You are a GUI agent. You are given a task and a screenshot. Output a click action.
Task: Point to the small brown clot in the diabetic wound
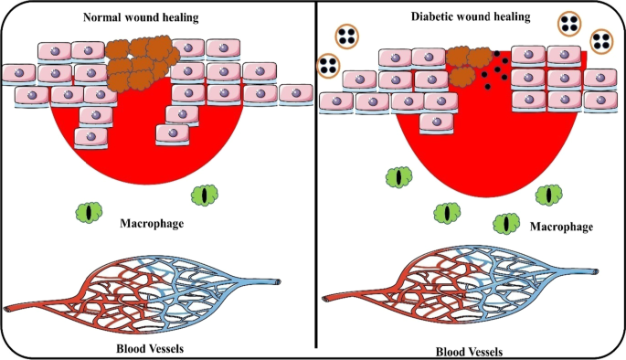[x=468, y=60]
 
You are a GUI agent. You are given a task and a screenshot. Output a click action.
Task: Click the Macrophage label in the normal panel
[x=154, y=222]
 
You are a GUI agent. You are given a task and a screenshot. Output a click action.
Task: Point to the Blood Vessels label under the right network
[x=464, y=350]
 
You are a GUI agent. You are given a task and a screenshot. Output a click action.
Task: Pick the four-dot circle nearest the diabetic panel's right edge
[x=602, y=40]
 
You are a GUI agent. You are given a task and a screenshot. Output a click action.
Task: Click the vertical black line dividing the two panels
[x=315, y=183]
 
